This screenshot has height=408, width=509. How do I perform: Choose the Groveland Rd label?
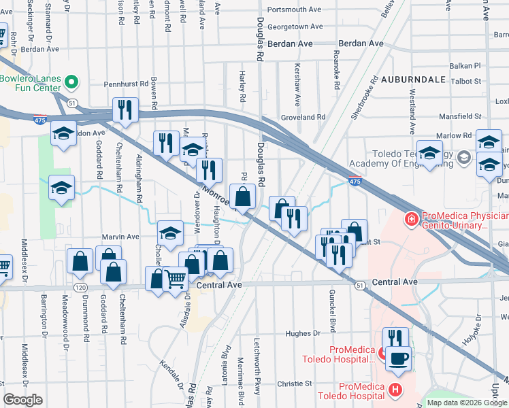click(x=303, y=118)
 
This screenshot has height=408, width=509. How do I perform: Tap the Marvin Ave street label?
click(x=120, y=237)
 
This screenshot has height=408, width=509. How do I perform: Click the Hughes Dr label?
click(x=302, y=333)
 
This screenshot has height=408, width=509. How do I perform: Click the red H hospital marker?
click(x=396, y=390)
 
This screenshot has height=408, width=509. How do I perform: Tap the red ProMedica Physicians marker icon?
click(x=411, y=219)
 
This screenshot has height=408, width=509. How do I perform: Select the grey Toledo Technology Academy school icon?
click(x=464, y=158)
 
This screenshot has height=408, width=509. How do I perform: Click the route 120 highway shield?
click(x=80, y=288)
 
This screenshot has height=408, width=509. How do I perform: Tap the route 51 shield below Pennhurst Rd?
click(x=71, y=102)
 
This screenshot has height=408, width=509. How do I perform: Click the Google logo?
click(x=22, y=400)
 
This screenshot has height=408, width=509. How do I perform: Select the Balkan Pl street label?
click(x=465, y=67)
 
